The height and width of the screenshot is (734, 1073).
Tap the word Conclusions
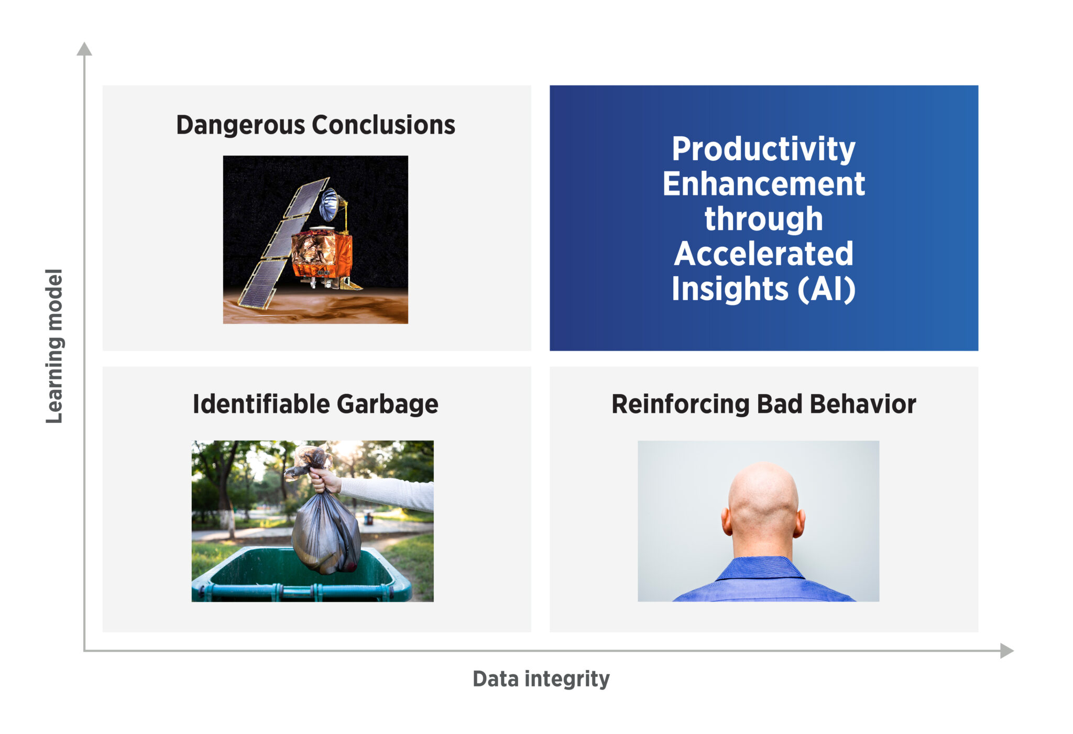(384, 125)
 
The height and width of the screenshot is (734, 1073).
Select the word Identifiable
(261, 404)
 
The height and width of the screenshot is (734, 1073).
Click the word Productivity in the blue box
(763, 150)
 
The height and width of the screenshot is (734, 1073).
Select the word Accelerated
(763, 254)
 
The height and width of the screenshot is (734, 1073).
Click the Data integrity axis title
(541, 679)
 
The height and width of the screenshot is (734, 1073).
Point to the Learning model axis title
(54, 346)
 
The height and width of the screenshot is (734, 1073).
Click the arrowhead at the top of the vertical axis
(84, 49)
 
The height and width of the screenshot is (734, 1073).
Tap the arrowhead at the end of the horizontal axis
(1007, 651)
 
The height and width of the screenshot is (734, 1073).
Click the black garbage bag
(325, 529)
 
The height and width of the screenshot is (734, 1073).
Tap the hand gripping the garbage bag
(324, 479)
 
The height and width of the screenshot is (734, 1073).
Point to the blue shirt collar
(761, 568)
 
